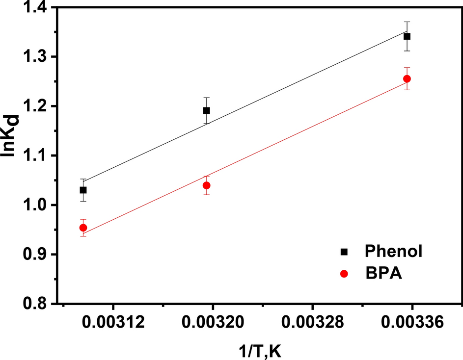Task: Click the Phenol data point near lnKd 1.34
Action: coord(407,36)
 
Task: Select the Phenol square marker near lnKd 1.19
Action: coord(207,110)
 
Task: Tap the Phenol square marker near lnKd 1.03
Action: coord(83,190)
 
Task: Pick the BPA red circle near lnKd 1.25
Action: coord(407,79)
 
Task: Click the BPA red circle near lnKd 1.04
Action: coord(207,185)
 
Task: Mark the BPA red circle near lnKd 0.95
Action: coord(83,228)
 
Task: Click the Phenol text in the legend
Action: coord(394,252)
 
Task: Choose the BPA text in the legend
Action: coord(383,274)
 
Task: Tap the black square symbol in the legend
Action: coord(344,252)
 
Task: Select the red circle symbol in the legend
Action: coord(344,275)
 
